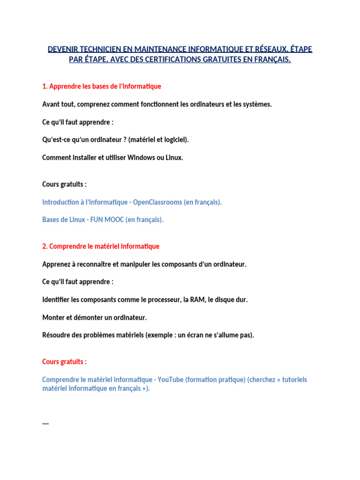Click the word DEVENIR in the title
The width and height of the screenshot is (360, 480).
coord(63,49)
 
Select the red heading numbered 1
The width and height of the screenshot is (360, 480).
coord(102,86)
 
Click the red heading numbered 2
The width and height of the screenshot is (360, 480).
coord(101,246)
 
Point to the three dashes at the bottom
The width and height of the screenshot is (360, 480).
coord(45,423)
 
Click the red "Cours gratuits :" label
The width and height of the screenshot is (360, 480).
coord(64,362)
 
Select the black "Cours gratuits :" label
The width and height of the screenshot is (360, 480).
coord(64,184)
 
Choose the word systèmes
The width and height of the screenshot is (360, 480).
coord(258,104)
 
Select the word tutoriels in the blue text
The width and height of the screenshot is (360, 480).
coord(290,379)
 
